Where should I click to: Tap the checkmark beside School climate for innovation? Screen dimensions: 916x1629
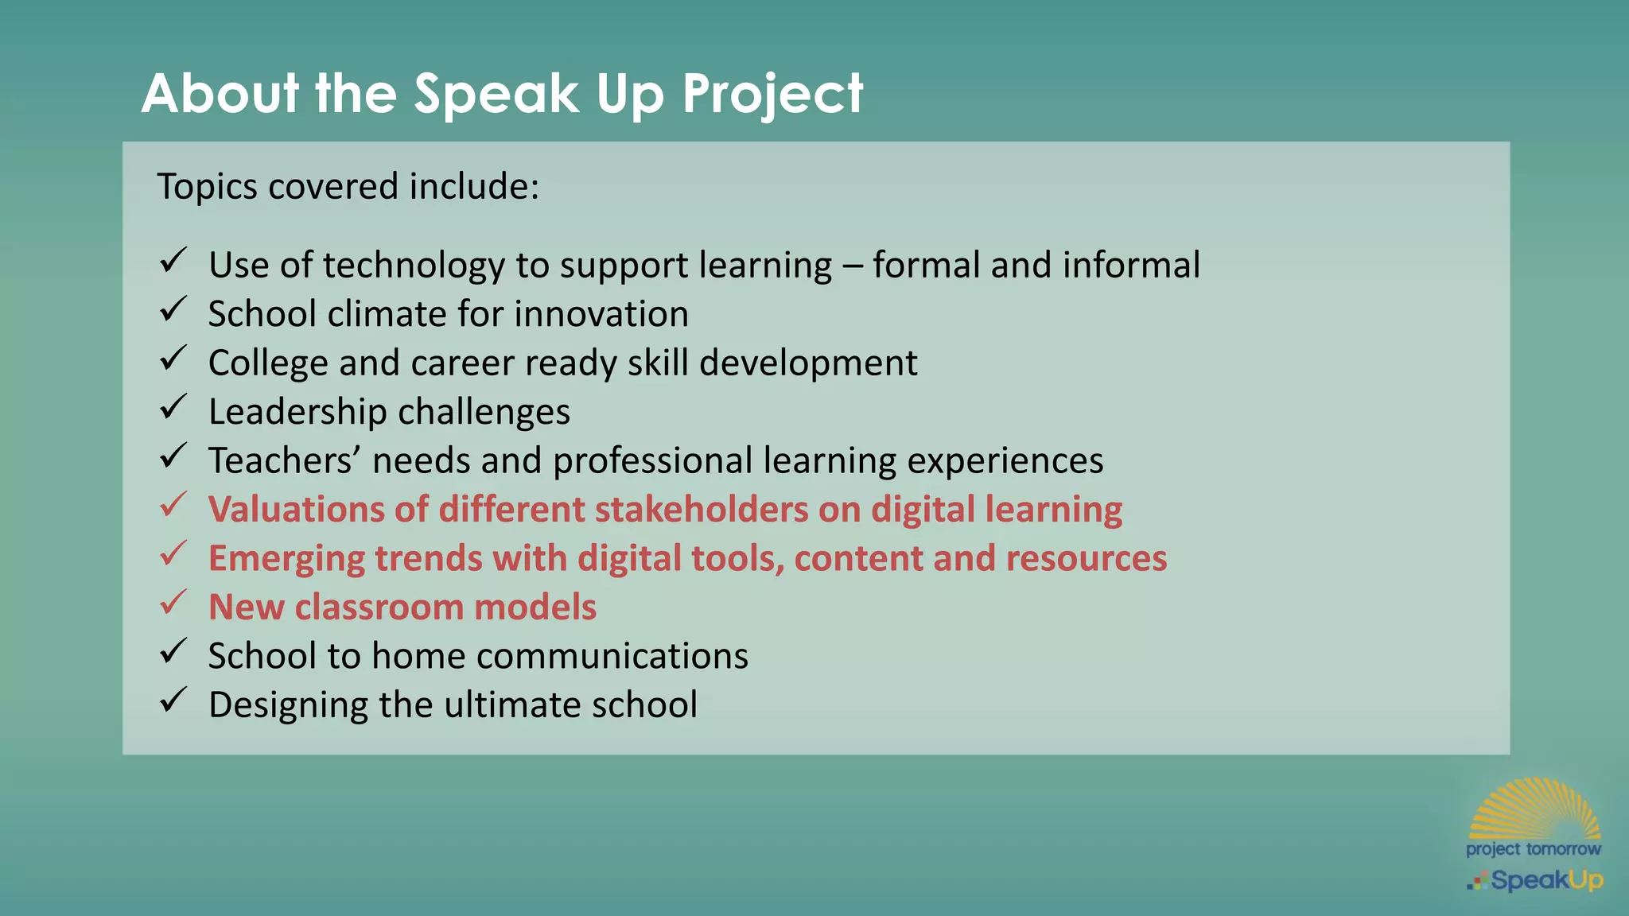pyautogui.click(x=173, y=309)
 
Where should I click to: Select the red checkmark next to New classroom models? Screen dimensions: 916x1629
pyautogui.click(x=173, y=603)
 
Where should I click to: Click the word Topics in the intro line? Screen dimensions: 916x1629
pyautogui.click(x=207, y=187)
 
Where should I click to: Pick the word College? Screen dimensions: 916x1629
pyautogui.click(x=268, y=363)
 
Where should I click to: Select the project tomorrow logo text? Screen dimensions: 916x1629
pyautogui.click(x=1533, y=849)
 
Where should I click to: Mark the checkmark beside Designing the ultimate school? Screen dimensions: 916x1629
pyautogui.click(x=173, y=701)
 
